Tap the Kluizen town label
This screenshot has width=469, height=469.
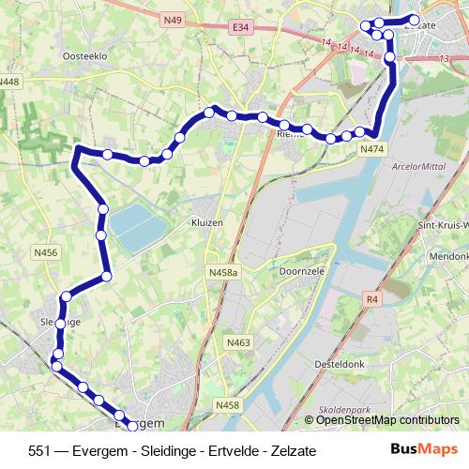[x=205, y=224]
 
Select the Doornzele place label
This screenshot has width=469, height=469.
[x=301, y=270]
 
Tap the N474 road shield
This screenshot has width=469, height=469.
[x=371, y=148]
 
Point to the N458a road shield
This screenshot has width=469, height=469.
[x=224, y=271]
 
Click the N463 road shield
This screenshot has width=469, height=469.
[x=238, y=343]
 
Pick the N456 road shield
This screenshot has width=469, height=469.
[x=44, y=252]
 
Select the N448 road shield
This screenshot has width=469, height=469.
[x=9, y=82]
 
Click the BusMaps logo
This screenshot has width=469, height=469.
[x=424, y=449]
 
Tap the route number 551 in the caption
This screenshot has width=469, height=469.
[x=40, y=450]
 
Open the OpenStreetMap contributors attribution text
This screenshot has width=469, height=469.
[x=387, y=420]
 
